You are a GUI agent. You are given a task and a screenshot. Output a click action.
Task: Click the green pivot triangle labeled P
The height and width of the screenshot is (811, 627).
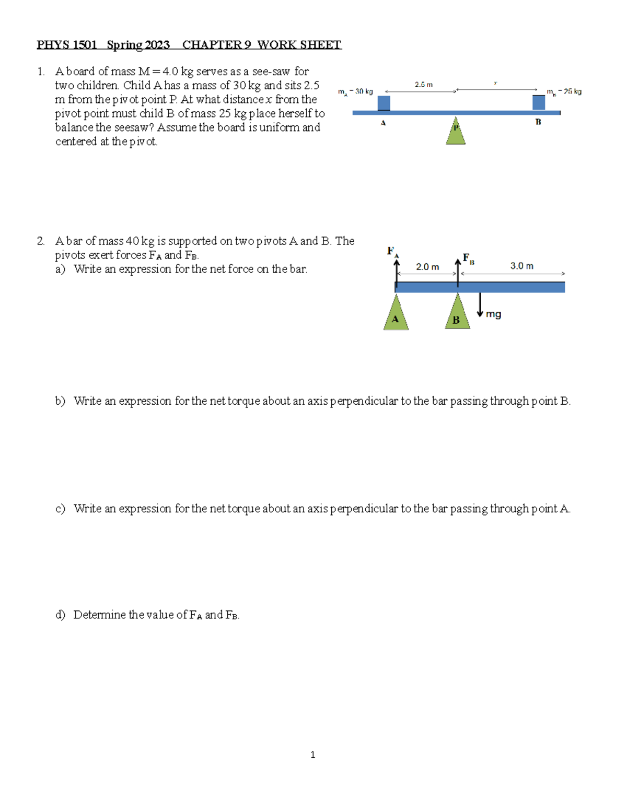tap(456, 133)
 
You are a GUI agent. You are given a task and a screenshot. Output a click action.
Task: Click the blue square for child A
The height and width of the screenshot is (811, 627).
tap(384, 103)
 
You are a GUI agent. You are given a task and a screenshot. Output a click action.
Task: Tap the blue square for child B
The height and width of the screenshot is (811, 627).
tap(539, 102)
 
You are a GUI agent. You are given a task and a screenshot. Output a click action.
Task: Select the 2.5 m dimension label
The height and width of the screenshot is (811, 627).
tap(423, 85)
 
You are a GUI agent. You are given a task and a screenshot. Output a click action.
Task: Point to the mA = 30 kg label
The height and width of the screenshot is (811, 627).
tap(355, 92)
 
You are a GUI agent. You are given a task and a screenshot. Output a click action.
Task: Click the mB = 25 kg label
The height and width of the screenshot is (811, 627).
tap(564, 92)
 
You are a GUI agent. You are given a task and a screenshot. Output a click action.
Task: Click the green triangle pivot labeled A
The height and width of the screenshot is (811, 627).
tap(396, 315)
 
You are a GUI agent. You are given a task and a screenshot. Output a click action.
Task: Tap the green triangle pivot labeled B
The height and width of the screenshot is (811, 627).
tap(457, 314)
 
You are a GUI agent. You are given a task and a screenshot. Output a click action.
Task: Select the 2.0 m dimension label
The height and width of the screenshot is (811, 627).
tap(427, 267)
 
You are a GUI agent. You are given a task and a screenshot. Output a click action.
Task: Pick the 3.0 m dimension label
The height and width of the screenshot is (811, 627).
tap(521, 266)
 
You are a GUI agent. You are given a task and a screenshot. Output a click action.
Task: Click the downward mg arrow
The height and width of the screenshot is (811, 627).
tap(480, 305)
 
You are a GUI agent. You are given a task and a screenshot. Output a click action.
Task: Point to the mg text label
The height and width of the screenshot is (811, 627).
tap(493, 314)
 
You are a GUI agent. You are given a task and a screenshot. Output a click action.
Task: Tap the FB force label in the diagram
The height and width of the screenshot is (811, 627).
tap(468, 258)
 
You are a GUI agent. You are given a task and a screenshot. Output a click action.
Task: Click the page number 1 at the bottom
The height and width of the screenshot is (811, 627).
tap(312, 755)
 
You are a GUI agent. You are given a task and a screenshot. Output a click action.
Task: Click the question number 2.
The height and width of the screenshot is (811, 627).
tap(40, 241)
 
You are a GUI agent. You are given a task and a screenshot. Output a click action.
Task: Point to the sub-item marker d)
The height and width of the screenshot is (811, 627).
tap(60, 615)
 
